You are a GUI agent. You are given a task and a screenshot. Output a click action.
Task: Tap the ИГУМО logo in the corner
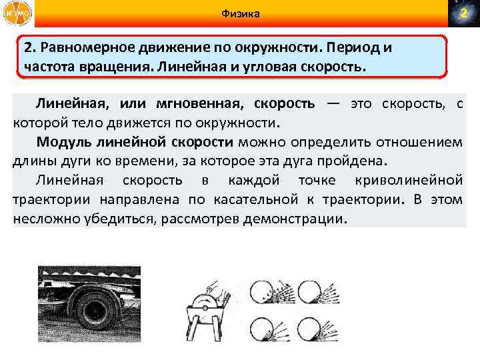pos(16,14)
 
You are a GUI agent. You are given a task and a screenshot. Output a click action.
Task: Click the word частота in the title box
pos(51,67)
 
